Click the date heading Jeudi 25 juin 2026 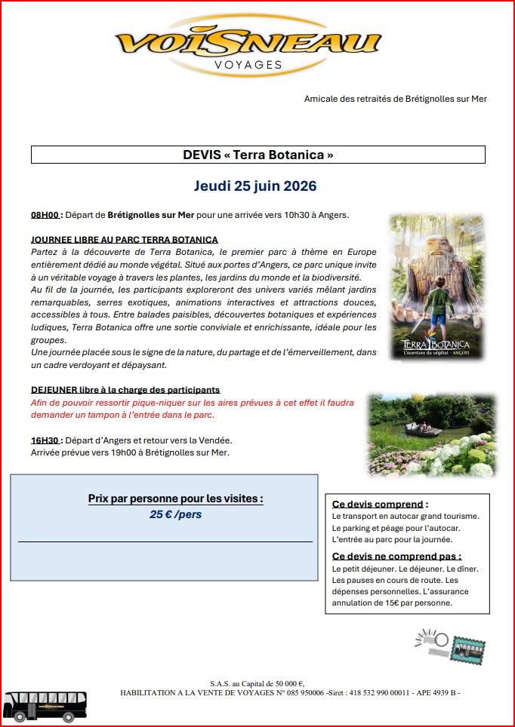tap(255, 186)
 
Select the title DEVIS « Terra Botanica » tap(257, 155)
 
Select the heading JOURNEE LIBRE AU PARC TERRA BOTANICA tap(125, 239)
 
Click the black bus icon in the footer tap(45, 705)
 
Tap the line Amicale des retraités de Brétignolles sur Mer tap(395, 99)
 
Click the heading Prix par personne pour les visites tap(176, 498)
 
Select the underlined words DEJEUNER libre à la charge tap(125, 390)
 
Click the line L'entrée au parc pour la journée tap(392, 539)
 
